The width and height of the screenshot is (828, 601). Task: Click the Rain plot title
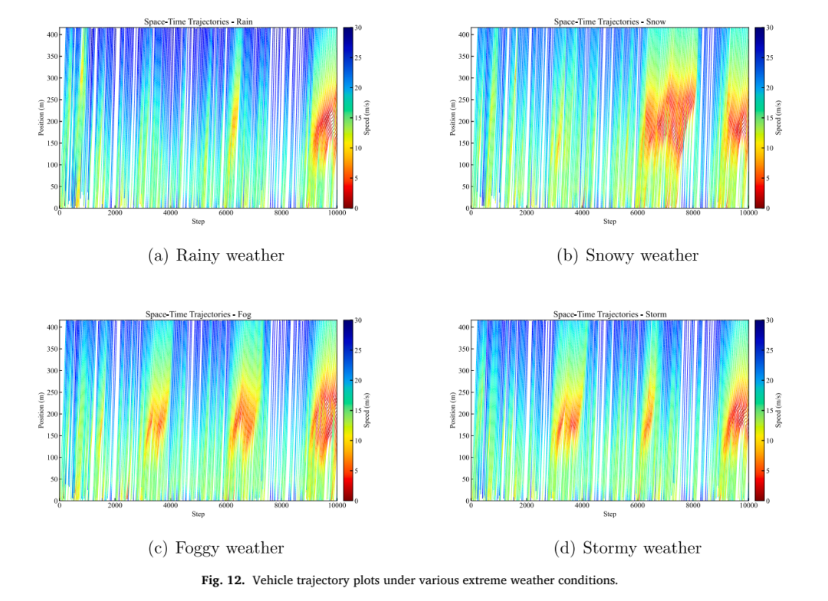coord(198,21)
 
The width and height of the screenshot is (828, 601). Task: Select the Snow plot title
coord(609,21)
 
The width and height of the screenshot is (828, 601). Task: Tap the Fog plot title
coord(198,314)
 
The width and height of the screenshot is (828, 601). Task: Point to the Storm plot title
coord(609,314)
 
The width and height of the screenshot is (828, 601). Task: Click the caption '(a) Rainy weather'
coord(216,255)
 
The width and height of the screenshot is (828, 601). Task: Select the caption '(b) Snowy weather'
coord(627,255)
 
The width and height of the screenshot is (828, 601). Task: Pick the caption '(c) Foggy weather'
coord(216,548)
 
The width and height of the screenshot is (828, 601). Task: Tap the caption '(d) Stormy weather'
coord(627,548)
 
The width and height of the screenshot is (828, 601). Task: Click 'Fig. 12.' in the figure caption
coord(223,580)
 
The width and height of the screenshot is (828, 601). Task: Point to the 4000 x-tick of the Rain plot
coord(170,213)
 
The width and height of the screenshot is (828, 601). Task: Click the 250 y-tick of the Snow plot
coord(464,100)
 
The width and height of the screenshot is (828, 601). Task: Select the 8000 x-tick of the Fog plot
coord(281,505)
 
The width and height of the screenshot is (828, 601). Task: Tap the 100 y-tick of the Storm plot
coord(464,458)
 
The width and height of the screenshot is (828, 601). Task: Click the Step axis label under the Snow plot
coord(609,222)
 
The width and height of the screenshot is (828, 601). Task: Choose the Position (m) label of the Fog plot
coord(41,410)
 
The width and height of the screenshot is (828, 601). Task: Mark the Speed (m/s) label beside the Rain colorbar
coord(366,117)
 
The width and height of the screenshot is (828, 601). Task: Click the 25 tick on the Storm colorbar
coord(770,350)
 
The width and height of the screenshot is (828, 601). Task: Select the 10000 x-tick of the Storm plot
coord(747,505)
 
